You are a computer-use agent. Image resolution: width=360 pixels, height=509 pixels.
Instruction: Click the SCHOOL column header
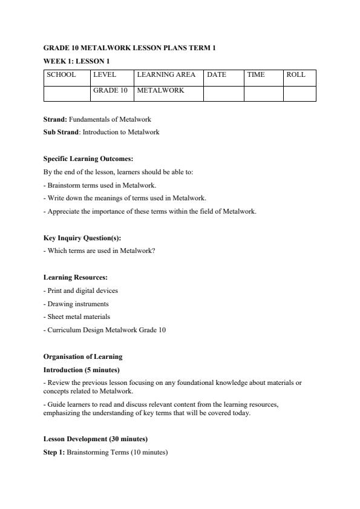[x=61, y=75]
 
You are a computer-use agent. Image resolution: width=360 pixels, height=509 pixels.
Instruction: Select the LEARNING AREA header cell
[x=166, y=75]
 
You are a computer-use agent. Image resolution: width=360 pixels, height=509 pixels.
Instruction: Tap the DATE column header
[x=217, y=75]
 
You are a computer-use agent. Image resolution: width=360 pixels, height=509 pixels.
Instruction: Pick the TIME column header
[x=256, y=75]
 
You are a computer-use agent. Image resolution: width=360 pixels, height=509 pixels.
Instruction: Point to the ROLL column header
[x=296, y=75]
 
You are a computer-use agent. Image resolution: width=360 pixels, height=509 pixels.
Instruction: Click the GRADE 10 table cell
[x=110, y=90]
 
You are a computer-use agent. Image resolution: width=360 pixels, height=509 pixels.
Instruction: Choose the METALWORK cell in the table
[x=160, y=90]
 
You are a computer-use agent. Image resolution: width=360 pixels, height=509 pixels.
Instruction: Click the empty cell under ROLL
[x=299, y=93]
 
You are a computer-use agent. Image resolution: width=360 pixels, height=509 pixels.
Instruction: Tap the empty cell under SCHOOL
[x=67, y=93]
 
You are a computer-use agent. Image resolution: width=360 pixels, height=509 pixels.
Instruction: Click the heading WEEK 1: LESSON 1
[x=76, y=61]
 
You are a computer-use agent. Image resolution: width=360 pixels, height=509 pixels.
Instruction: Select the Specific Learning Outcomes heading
[x=83, y=159]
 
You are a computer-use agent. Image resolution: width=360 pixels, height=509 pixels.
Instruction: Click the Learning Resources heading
[x=75, y=277]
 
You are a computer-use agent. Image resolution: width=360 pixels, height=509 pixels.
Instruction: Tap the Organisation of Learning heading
[x=82, y=356]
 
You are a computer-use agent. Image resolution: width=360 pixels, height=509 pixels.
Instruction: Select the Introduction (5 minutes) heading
[x=81, y=369]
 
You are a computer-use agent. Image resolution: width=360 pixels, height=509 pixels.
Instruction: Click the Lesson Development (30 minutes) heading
[x=96, y=439]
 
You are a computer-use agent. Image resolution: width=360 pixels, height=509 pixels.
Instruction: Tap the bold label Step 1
[x=54, y=452]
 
